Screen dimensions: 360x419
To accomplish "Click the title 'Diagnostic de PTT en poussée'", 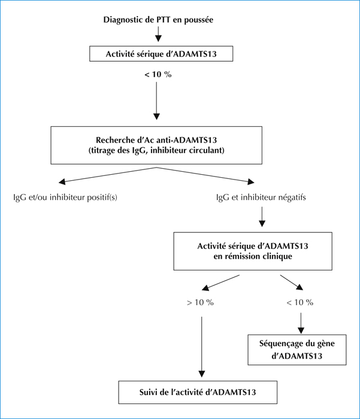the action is [x=158, y=20].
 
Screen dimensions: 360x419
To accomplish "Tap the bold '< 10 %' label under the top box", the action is [x=158, y=75].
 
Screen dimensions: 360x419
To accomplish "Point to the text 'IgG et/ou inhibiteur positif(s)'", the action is [x=65, y=198].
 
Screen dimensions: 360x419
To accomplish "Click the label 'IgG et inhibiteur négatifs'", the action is [x=261, y=198].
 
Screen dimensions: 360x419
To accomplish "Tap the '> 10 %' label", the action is [x=200, y=302].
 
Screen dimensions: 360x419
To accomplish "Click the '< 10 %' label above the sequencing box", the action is [x=300, y=302].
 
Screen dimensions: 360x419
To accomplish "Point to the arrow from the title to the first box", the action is [x=158, y=34].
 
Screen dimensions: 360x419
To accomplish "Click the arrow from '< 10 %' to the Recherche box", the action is [x=156, y=101].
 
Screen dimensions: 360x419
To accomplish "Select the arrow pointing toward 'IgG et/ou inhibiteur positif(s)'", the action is [x=107, y=175].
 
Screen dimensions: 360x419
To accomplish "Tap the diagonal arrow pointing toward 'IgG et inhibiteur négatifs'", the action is [x=205, y=175].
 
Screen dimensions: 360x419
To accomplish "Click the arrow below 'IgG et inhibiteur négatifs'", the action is [x=262, y=217].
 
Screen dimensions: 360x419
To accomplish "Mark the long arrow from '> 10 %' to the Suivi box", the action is [x=202, y=347].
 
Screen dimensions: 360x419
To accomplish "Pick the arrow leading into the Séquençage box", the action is [x=301, y=323].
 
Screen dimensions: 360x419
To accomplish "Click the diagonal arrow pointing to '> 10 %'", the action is [x=220, y=283].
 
